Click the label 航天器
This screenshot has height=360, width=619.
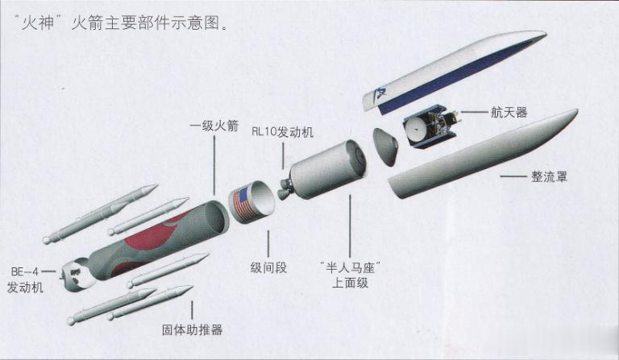(x=509, y=113)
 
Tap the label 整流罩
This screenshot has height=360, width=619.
(x=549, y=176)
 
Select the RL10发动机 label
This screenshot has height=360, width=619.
(x=282, y=132)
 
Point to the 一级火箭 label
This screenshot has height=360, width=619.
(x=214, y=126)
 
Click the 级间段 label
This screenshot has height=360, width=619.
(x=268, y=268)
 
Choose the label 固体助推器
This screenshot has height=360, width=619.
(x=193, y=329)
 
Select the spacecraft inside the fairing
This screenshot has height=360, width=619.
(x=431, y=126)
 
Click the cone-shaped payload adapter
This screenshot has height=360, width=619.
(x=385, y=147)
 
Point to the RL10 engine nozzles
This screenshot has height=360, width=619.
(x=285, y=188)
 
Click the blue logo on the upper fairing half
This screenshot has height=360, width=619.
(x=381, y=96)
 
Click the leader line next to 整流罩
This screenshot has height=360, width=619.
(x=513, y=176)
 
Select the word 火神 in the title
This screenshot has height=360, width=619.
(x=38, y=23)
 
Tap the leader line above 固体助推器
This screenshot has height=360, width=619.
(x=193, y=310)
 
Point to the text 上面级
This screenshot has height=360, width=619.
(x=350, y=283)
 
